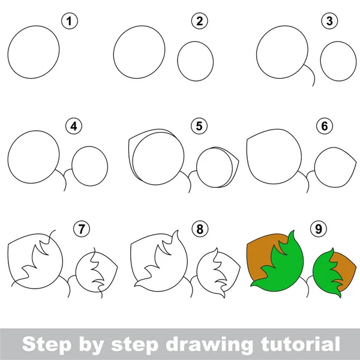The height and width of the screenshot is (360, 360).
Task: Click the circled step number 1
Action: (x=71, y=23)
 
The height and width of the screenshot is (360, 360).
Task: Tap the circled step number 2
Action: (x=199, y=23)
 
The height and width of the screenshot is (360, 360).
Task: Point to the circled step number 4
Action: (x=74, y=127)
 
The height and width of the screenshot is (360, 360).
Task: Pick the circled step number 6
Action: (x=325, y=127)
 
